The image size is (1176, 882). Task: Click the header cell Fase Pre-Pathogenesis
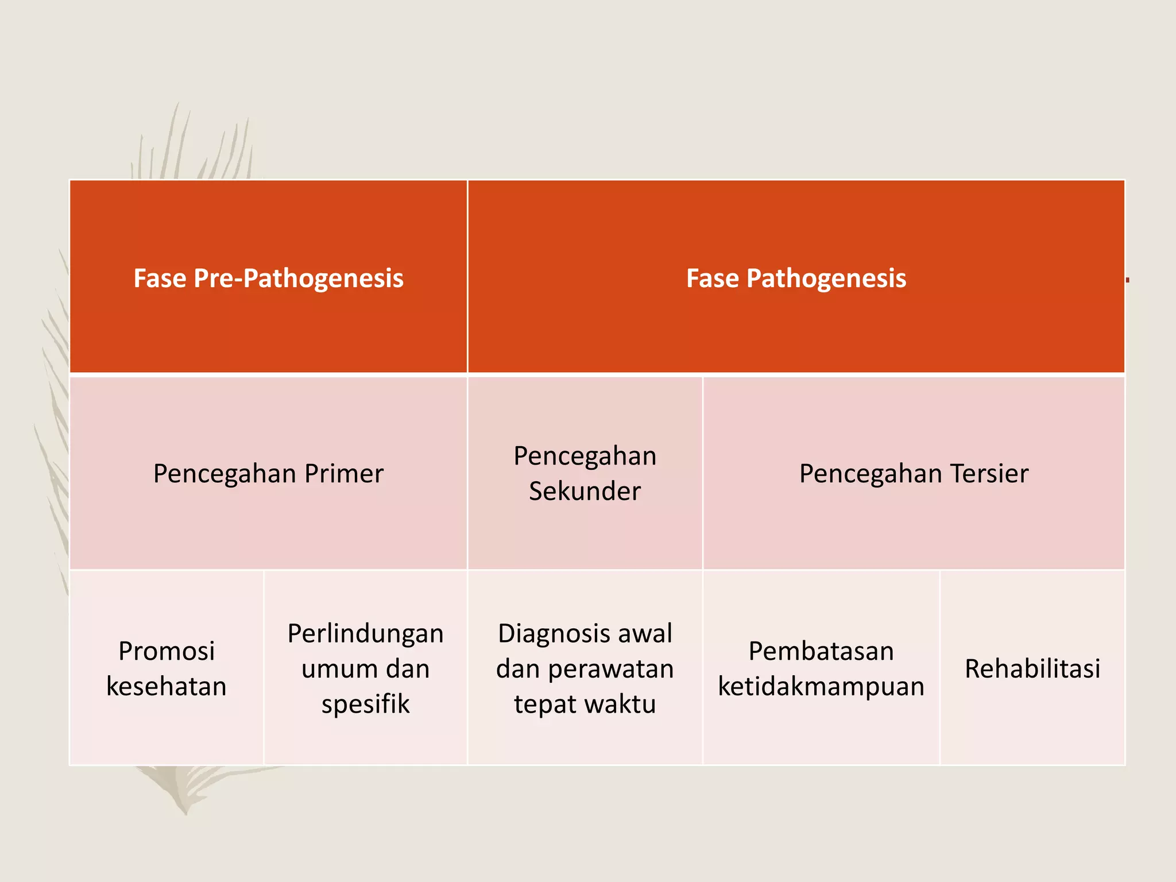(x=268, y=278)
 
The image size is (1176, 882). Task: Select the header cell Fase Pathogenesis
(x=796, y=278)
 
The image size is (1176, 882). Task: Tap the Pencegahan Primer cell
(x=268, y=474)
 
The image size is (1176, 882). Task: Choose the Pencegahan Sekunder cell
(x=585, y=474)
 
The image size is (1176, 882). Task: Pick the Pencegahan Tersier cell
(x=914, y=474)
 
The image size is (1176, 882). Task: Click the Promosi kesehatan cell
(x=167, y=668)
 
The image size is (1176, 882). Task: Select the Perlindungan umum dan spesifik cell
(x=366, y=668)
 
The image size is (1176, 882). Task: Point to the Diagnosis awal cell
(x=585, y=668)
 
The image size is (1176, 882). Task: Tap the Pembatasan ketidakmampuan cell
(x=821, y=668)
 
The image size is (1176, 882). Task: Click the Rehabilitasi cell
(x=1032, y=668)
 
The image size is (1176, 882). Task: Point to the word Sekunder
(x=585, y=492)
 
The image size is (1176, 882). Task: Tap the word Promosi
(x=167, y=651)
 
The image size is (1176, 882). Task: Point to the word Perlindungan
(x=366, y=634)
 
